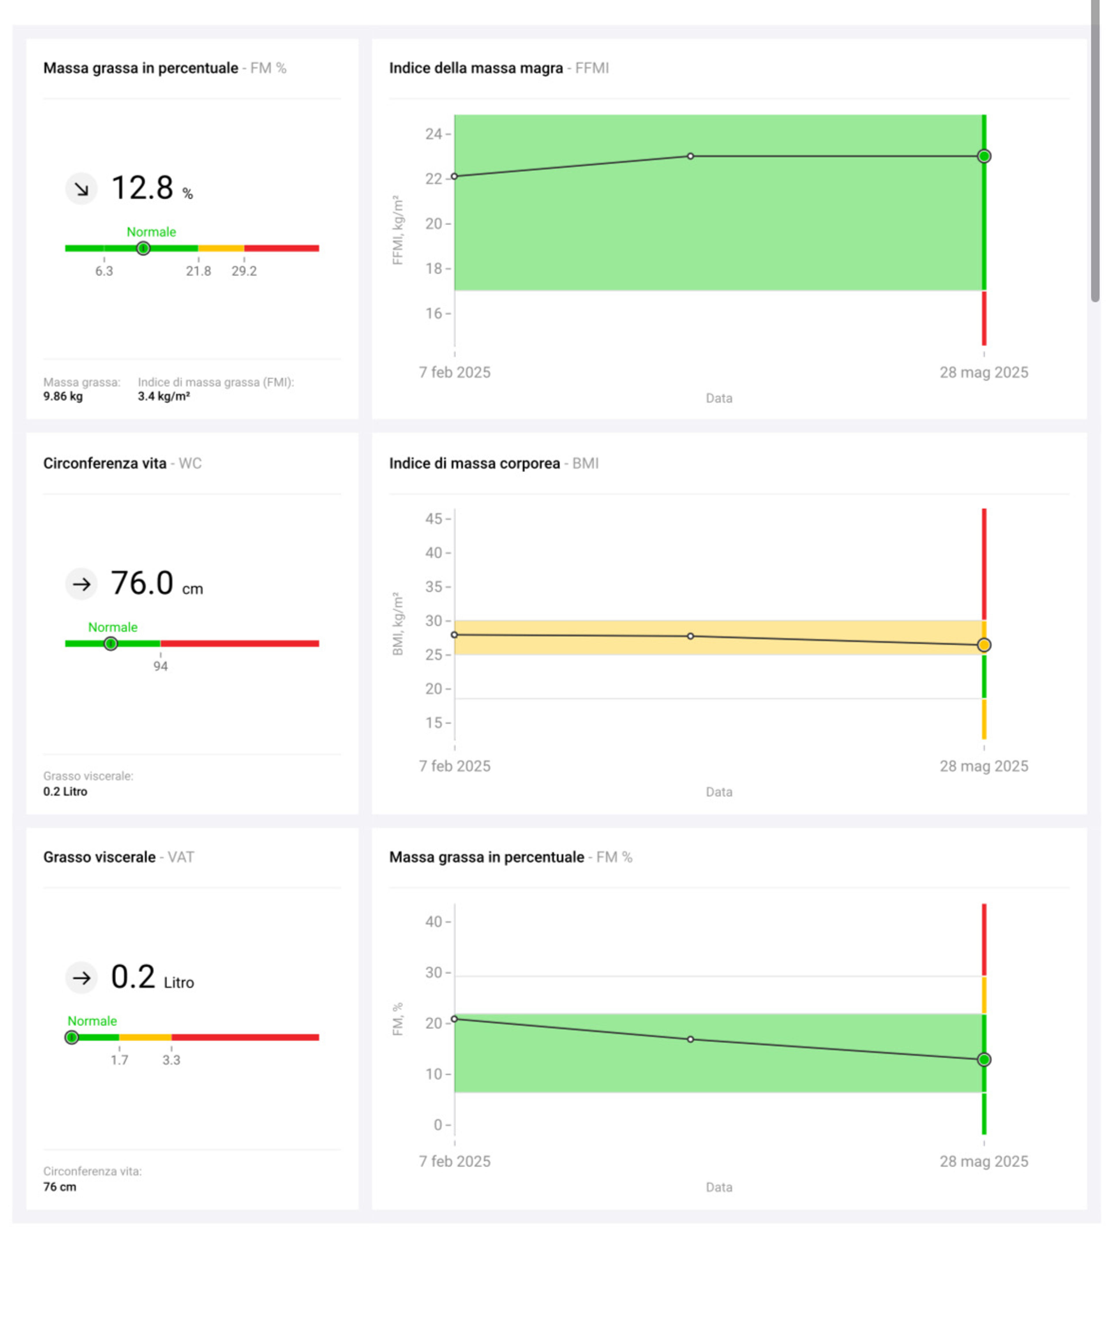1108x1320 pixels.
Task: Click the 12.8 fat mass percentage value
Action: click(142, 188)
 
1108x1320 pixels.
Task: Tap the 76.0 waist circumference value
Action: click(142, 583)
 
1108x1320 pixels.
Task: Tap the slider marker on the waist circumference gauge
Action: click(111, 644)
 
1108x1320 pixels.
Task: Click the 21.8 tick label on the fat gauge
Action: click(199, 271)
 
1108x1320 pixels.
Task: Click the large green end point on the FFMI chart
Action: click(984, 156)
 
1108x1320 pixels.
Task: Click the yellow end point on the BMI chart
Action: click(984, 645)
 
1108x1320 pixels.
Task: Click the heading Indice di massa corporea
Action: click(474, 463)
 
